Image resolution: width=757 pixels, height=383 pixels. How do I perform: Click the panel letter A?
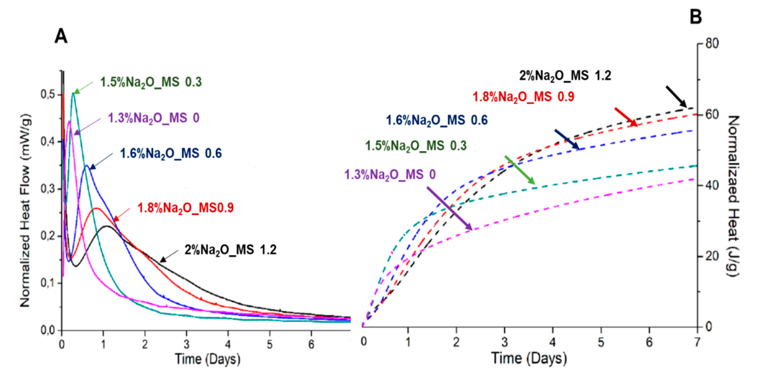coord(61,36)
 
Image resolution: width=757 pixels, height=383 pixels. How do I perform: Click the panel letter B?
coord(696,16)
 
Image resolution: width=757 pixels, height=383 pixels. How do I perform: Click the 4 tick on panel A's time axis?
coord(228,344)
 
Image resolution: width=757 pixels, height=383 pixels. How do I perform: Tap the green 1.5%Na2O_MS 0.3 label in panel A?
coord(151,82)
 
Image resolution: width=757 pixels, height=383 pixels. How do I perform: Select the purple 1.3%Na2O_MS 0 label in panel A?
coord(153,118)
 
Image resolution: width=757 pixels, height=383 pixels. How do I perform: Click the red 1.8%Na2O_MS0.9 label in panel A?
coord(185,208)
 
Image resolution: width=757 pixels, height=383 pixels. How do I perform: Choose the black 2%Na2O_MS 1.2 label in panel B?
coord(565,76)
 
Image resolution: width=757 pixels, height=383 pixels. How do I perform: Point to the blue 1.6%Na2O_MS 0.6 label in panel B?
coord(436,120)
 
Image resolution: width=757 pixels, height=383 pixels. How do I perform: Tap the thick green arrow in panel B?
coord(520,170)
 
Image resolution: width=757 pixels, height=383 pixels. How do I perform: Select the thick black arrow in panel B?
coord(676,96)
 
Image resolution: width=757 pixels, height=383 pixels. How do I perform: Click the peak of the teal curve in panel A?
coord(73,93)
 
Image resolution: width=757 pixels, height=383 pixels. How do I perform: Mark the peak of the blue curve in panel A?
coord(86,166)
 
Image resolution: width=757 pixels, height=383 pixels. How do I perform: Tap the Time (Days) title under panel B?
coord(529,358)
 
